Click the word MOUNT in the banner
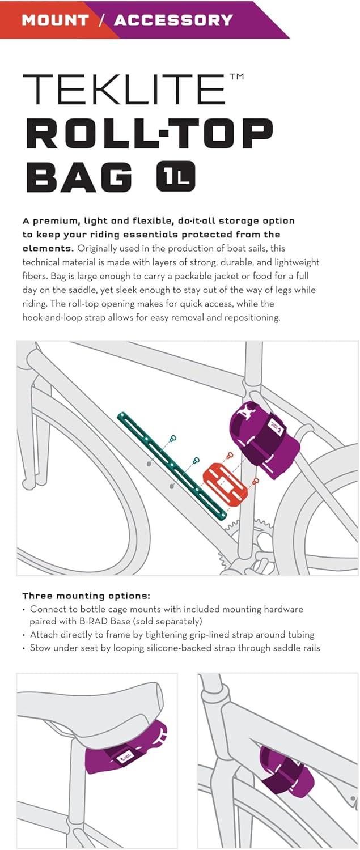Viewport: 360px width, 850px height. tap(56, 20)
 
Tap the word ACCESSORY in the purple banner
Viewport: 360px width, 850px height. tap(173, 20)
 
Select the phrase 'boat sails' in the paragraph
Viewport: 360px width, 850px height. tap(249, 248)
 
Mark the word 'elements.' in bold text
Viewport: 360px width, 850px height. tap(48, 248)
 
